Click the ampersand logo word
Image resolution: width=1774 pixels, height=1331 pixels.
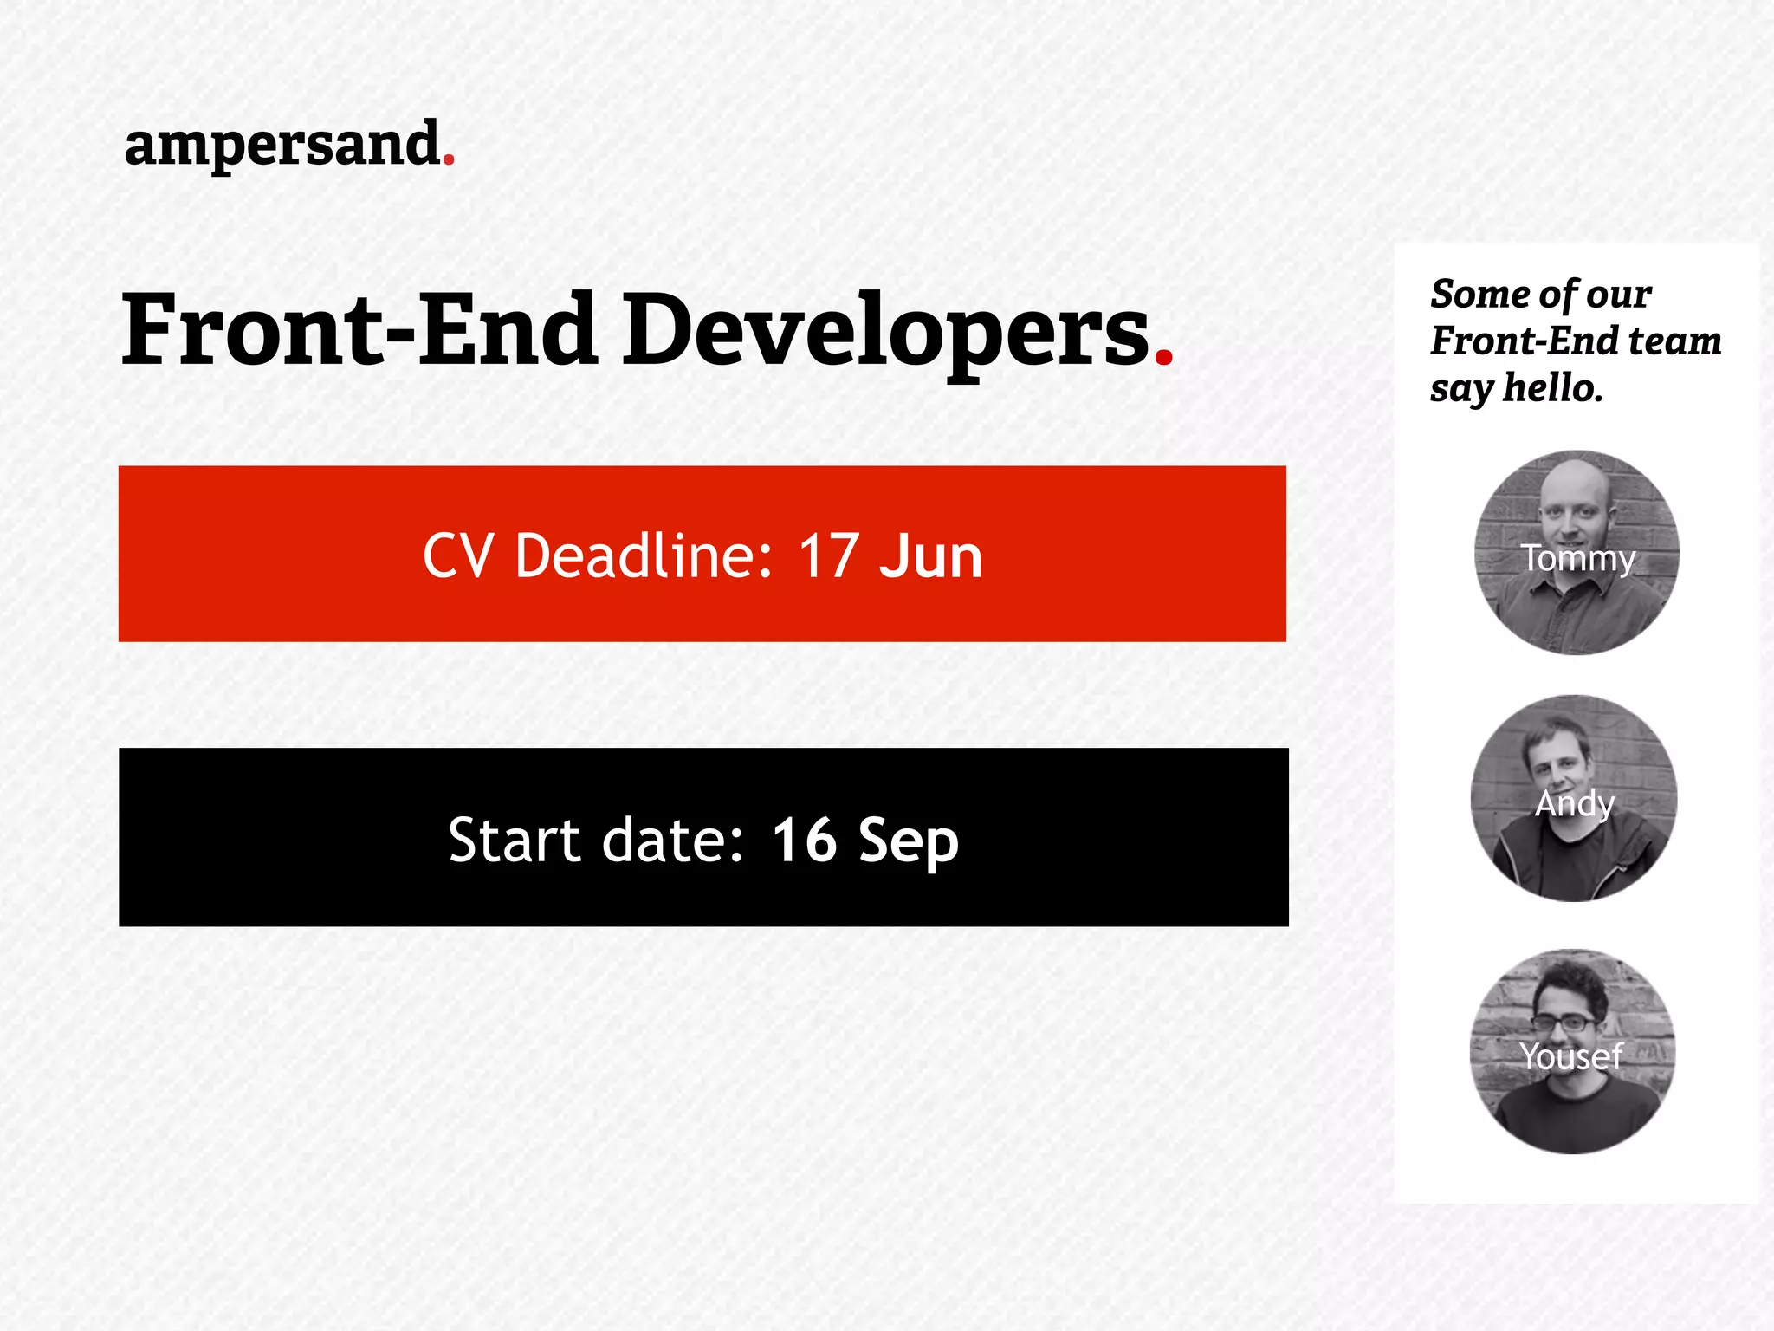point(282,145)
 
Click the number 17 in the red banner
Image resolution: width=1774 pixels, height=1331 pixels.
point(829,555)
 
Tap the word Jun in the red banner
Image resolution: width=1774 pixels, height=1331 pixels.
point(930,555)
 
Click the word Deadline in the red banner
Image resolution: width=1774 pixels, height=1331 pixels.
point(644,555)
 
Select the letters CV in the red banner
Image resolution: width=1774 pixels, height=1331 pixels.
point(458,555)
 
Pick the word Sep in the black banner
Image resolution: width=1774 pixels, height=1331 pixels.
point(908,841)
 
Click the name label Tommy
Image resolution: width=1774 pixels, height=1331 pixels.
point(1578,558)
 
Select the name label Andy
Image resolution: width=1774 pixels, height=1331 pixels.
point(1575,803)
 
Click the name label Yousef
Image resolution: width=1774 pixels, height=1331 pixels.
point(1570,1056)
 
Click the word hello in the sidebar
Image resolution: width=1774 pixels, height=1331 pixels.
point(1552,387)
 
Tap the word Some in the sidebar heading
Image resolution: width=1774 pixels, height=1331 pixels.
point(1473,294)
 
